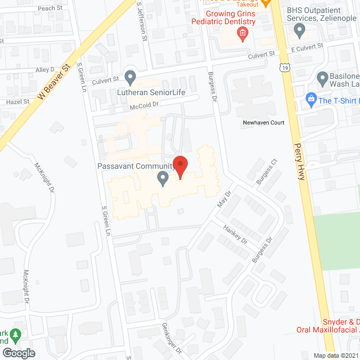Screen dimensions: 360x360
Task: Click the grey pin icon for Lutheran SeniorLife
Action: (130, 76)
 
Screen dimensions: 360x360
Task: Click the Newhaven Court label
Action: (264, 123)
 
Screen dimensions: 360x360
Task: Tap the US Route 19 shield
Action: (286, 67)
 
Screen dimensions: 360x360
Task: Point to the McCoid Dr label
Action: (145, 104)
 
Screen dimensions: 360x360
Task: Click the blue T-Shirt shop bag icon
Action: (310, 100)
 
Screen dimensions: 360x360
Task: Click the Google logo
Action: (19, 353)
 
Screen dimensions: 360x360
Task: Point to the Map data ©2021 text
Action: (335, 355)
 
